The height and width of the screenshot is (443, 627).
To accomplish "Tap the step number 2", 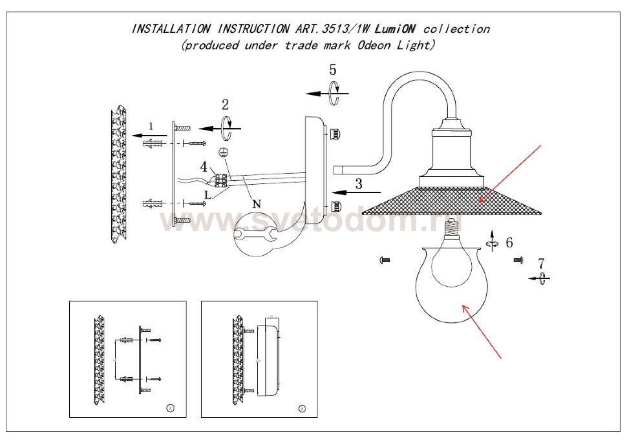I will pos(225,105).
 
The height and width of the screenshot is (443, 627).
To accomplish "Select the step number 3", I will pos(359,183).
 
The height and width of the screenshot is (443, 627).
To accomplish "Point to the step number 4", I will pos(204,167).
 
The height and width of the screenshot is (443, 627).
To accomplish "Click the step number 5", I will pos(332,70).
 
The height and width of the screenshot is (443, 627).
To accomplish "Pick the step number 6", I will pos(509,243).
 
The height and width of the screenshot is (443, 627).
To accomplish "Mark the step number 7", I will pos(542,263).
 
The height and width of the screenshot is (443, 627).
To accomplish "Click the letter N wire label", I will pos(257,204).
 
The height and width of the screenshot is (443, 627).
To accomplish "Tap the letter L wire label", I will pos(207,194).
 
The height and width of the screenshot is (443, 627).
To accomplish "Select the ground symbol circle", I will pos(223,153).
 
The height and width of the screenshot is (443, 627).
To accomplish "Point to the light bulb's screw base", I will pos(457,226).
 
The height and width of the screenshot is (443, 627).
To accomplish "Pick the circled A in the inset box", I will pos(170,408).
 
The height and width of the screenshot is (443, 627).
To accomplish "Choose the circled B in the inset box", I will pos(303,409).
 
